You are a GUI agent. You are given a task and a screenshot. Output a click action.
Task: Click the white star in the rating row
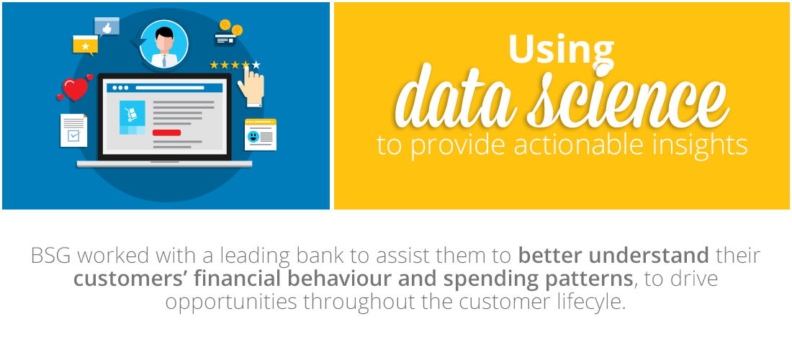[x=256, y=65]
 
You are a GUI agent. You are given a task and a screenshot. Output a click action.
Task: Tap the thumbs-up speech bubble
[x=107, y=27]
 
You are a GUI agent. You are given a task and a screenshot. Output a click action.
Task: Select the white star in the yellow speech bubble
[x=86, y=47]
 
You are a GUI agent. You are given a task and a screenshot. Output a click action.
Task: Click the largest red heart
[x=76, y=89]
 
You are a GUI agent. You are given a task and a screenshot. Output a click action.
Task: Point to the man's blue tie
[x=164, y=60]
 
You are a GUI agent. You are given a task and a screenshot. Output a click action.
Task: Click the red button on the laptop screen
[x=166, y=132]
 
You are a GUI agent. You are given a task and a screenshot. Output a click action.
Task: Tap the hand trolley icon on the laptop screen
[x=132, y=114]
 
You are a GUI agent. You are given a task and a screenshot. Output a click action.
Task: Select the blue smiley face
[x=253, y=136]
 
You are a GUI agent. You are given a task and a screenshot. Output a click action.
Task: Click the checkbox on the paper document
[x=73, y=135]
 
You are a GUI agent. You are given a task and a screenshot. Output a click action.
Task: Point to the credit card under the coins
[x=225, y=40]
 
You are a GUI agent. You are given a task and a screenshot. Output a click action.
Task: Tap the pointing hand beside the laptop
[x=251, y=86]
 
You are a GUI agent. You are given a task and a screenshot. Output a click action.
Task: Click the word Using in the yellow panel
[x=561, y=50]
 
